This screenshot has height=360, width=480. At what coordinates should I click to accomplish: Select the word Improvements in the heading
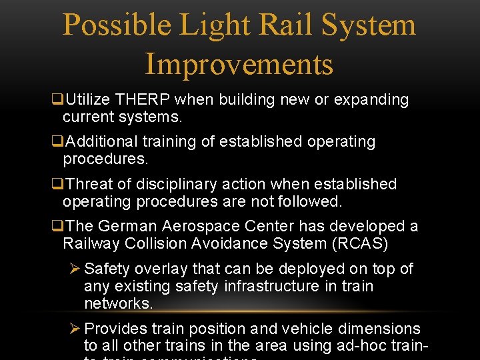[x=239, y=64]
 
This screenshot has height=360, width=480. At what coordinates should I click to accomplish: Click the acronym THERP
[x=143, y=100]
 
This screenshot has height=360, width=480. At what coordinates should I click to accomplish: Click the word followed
[x=309, y=201]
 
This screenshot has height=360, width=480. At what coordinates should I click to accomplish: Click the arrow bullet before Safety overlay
[x=75, y=269]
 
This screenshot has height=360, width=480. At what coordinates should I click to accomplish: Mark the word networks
[x=118, y=304]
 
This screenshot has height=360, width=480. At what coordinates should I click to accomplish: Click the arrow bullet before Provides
[x=75, y=329]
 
